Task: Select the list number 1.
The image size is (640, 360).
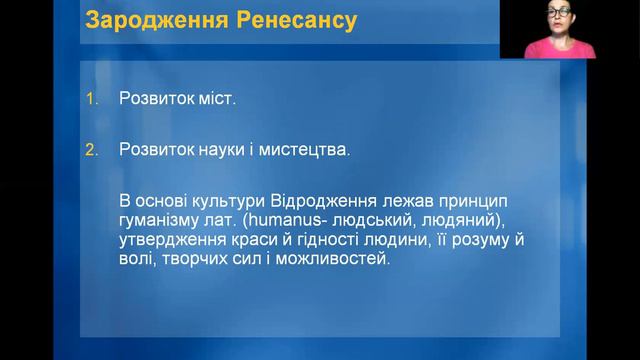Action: [92, 100]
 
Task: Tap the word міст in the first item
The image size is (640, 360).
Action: [218, 100]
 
